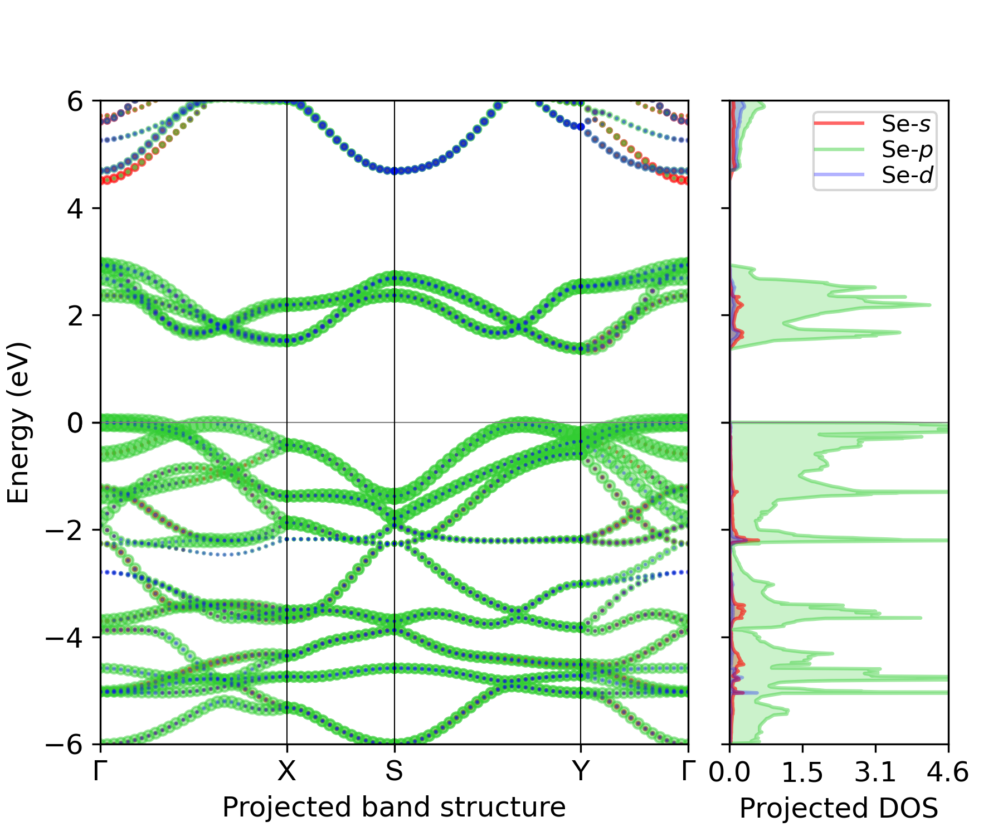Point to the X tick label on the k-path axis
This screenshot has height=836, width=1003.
click(x=286, y=771)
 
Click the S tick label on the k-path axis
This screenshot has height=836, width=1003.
click(x=394, y=771)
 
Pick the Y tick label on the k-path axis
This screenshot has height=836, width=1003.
click(x=581, y=771)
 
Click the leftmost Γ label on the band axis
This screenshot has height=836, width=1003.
click(x=100, y=771)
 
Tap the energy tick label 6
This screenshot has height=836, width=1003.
click(x=75, y=101)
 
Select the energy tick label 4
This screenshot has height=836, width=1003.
click(x=75, y=208)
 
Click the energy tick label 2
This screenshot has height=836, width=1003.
click(x=75, y=315)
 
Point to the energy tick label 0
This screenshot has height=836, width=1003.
click(x=75, y=423)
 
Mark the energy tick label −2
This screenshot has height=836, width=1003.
click(x=64, y=530)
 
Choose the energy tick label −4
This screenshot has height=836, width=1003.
click(x=64, y=637)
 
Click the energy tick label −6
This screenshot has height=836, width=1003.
click(x=64, y=744)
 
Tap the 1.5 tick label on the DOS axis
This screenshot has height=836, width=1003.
click(x=802, y=772)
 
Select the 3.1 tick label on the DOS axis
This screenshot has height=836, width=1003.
click(x=875, y=772)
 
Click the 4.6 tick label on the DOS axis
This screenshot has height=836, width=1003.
click(x=948, y=772)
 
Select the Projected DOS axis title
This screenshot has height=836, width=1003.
click(x=839, y=808)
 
